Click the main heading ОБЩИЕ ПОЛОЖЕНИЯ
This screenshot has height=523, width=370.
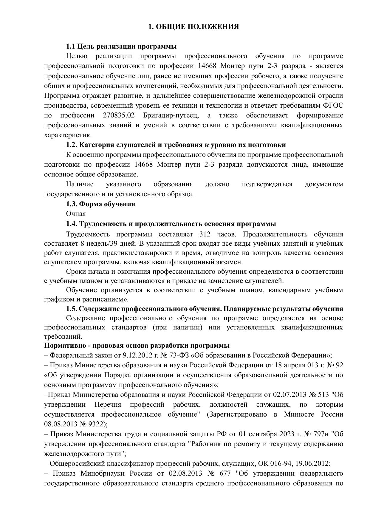(x=193, y=27)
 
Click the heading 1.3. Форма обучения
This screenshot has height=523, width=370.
(x=100, y=204)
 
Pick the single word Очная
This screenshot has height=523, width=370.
(x=76, y=214)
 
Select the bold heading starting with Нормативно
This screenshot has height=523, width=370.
(x=137, y=346)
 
